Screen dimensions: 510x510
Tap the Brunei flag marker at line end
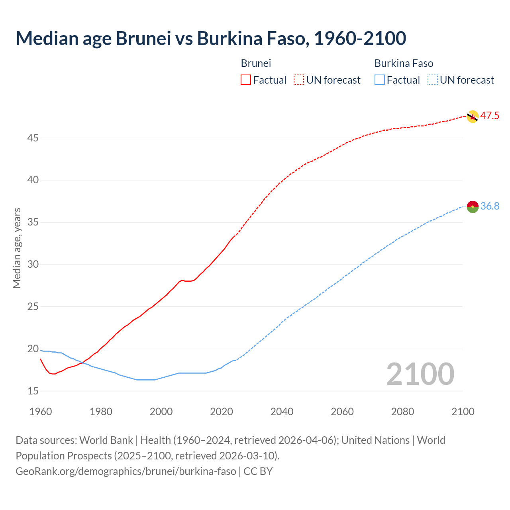pyautogui.click(x=472, y=116)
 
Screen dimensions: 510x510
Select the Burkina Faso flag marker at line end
pyautogui.click(x=472, y=207)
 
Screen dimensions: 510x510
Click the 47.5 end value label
pyautogui.click(x=490, y=116)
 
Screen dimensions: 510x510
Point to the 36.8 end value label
pyautogui.click(x=490, y=206)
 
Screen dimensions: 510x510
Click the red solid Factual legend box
pyautogui.click(x=246, y=80)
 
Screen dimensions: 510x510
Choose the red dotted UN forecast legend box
pyautogui.click(x=299, y=80)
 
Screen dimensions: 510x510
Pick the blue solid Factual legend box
pyautogui.click(x=380, y=80)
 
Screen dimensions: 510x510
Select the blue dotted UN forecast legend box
pyautogui.click(x=432, y=80)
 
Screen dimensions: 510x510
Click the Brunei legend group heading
pyautogui.click(x=256, y=63)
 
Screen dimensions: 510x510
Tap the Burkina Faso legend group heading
pyautogui.click(x=404, y=63)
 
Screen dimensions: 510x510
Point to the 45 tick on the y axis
pyautogui.click(x=33, y=138)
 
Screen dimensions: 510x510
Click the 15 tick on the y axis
pyautogui.click(x=33, y=391)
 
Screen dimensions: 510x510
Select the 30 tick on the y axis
pyautogui.click(x=33, y=265)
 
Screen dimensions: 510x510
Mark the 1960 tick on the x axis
pyautogui.click(x=41, y=412)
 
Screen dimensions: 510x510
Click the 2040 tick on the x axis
pyautogui.click(x=282, y=412)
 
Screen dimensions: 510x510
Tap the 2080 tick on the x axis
pyautogui.click(x=402, y=412)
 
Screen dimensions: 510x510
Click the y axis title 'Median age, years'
pyautogui.click(x=17, y=248)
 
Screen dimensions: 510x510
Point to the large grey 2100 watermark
pyautogui.click(x=420, y=374)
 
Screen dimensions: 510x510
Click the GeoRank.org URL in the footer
pyautogui.click(x=126, y=471)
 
